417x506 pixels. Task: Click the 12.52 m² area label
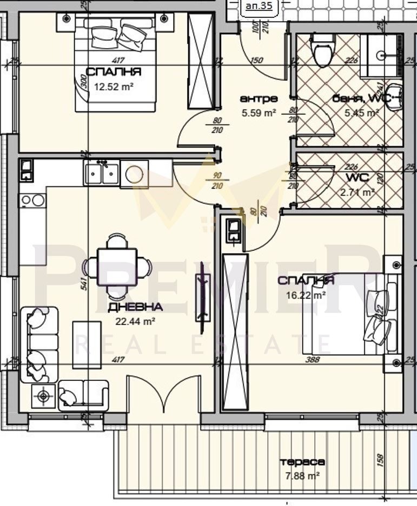point(114,86)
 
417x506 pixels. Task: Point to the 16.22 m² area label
point(306,295)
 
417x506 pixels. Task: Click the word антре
point(259,99)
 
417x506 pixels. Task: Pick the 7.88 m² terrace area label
point(302,476)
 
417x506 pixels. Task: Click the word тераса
point(302,462)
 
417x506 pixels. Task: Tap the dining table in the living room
point(117,266)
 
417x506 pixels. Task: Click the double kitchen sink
point(101,173)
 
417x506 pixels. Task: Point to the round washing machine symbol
point(134,174)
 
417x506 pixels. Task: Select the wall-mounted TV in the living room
point(203,297)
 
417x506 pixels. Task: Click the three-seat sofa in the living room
point(38,344)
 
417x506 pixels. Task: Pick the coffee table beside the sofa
point(87,345)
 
